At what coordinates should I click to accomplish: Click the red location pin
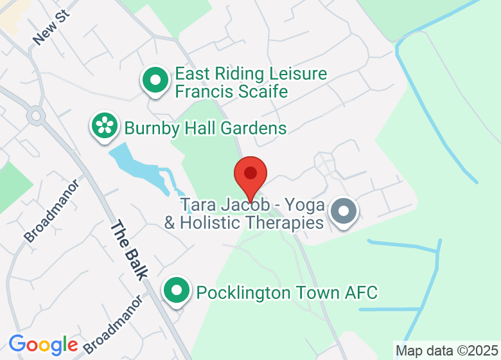click(x=250, y=175)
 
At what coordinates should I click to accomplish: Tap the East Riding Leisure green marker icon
click(x=155, y=81)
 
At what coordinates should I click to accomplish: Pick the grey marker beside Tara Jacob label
click(x=343, y=212)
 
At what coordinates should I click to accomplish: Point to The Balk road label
click(x=129, y=250)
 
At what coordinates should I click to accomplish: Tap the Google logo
click(x=42, y=345)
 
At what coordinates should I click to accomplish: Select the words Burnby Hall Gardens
click(x=206, y=128)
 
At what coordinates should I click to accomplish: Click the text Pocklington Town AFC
click(x=287, y=292)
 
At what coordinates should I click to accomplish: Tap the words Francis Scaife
click(x=232, y=91)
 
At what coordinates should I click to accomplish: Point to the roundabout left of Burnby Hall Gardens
click(x=35, y=116)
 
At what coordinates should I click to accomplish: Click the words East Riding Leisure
click(x=251, y=74)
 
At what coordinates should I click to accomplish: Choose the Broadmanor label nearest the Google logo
click(x=112, y=324)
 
